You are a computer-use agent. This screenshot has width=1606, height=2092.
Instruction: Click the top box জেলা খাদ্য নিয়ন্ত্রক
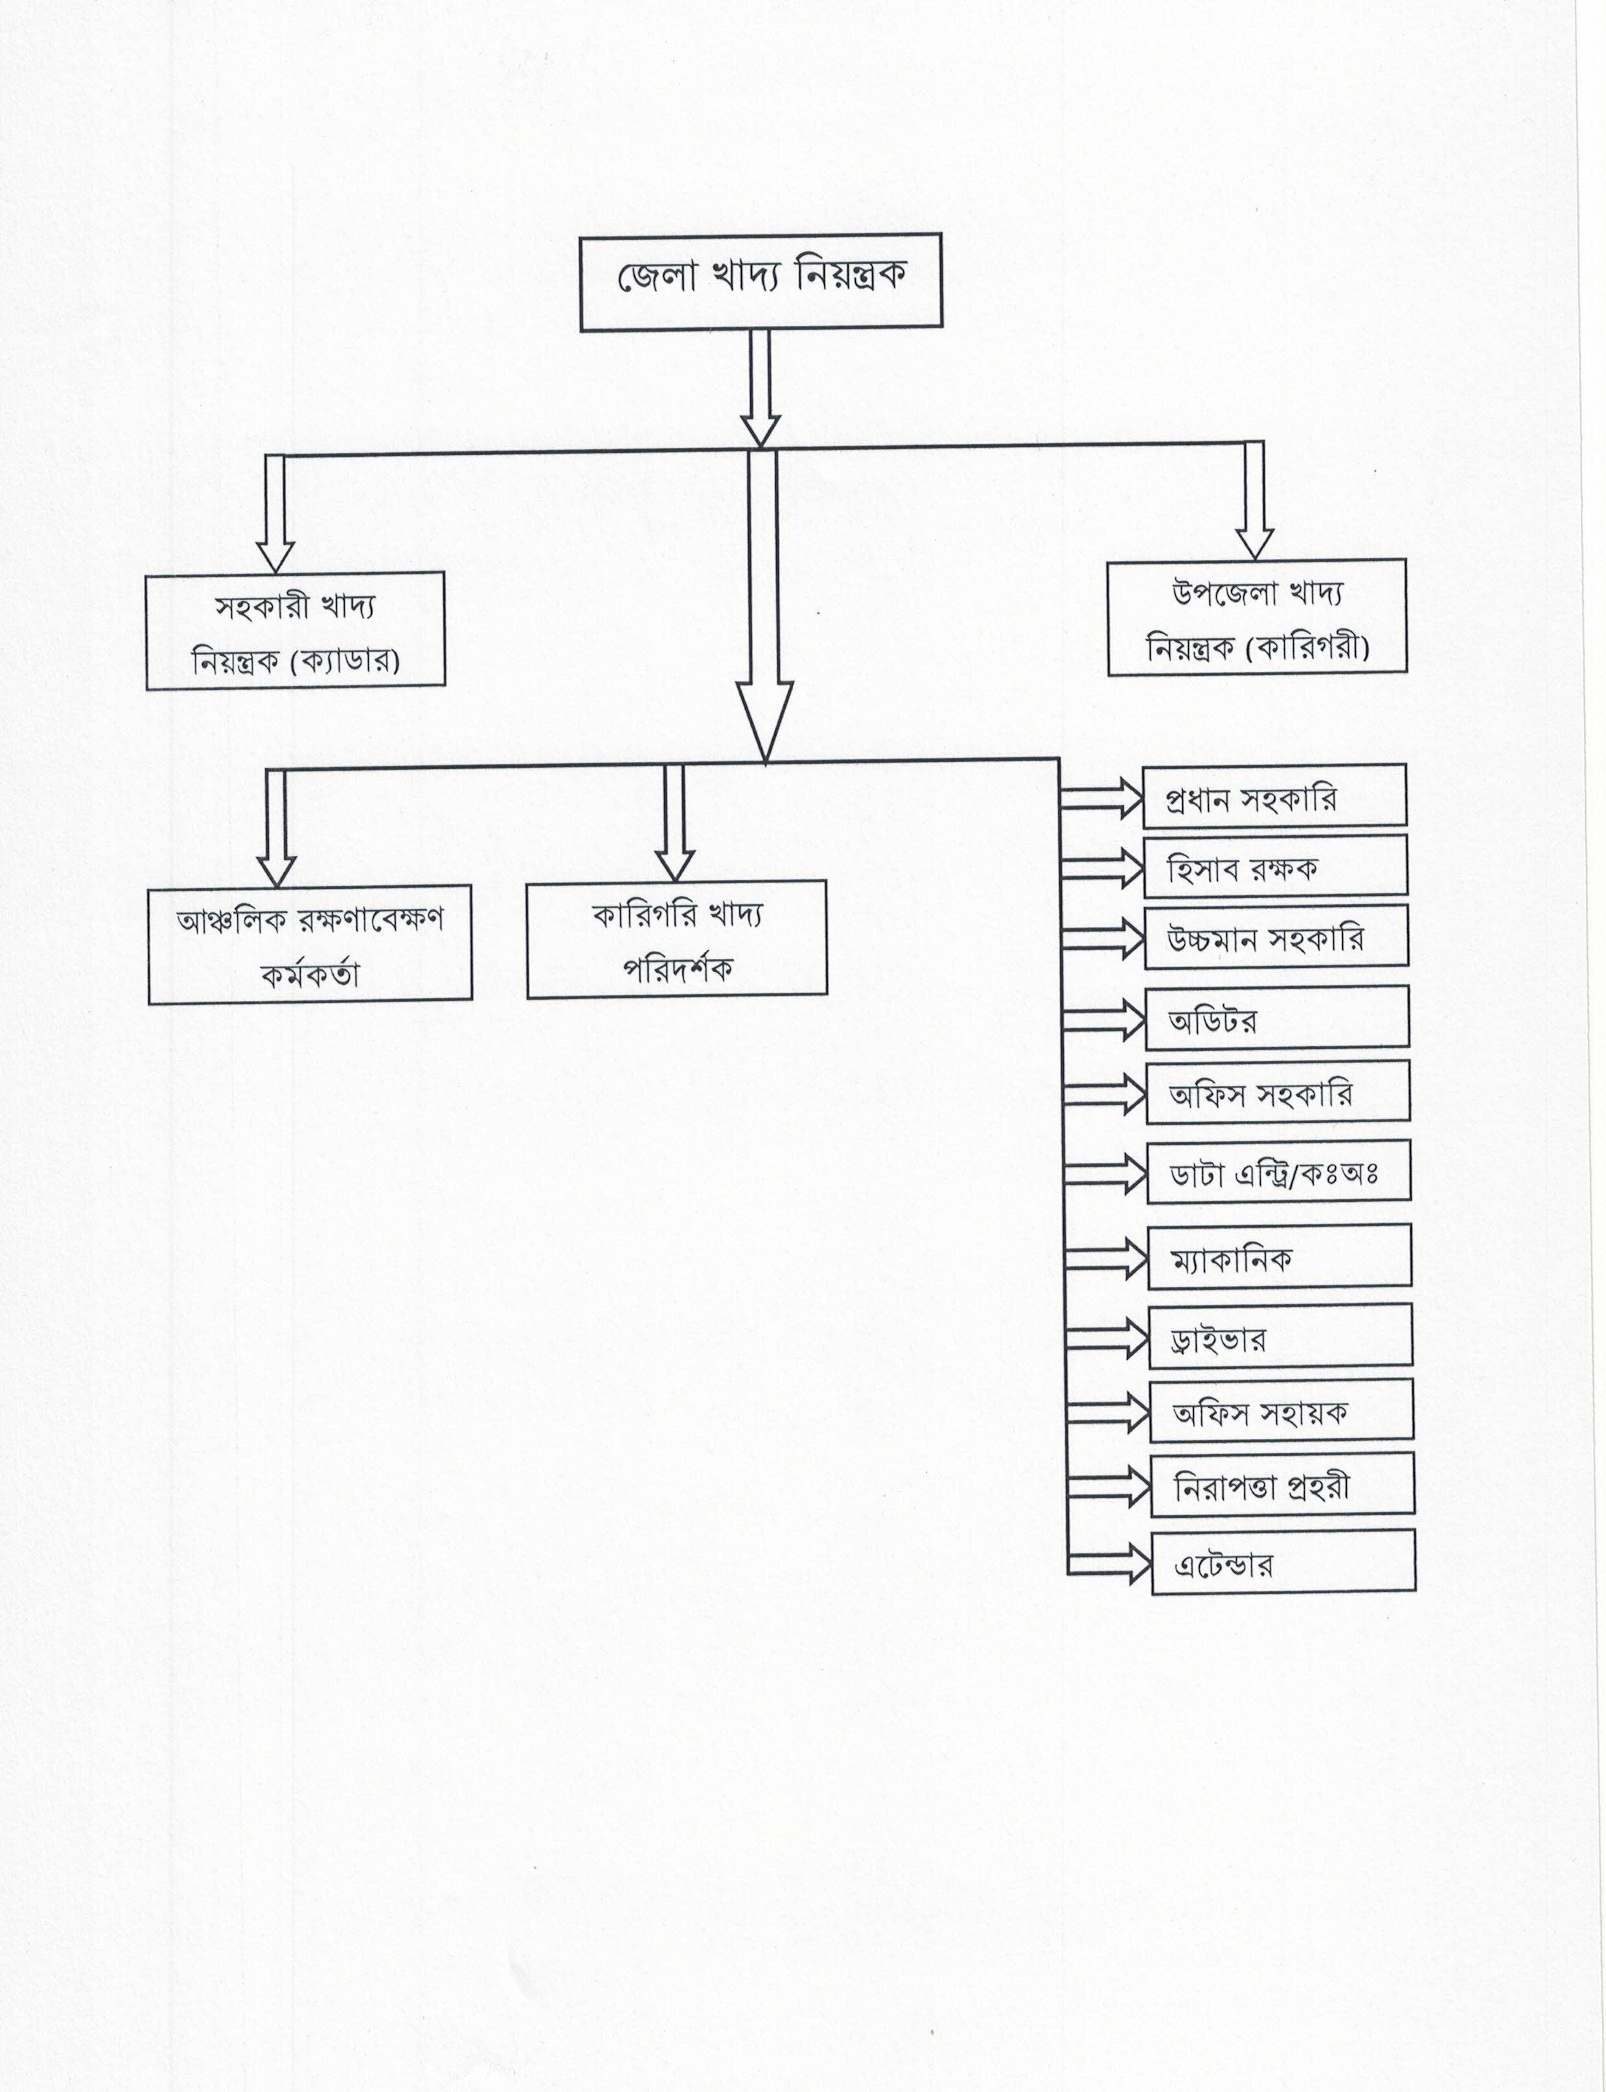(x=761, y=282)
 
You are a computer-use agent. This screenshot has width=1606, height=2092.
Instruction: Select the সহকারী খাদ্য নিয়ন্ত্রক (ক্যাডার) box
(x=295, y=631)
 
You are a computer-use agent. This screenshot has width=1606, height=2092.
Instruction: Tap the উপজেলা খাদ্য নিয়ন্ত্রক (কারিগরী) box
(x=1257, y=617)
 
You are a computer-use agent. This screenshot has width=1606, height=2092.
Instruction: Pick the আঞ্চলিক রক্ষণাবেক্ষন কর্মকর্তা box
(x=310, y=945)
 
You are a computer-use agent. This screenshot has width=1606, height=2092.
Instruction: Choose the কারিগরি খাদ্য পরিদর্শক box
(x=677, y=939)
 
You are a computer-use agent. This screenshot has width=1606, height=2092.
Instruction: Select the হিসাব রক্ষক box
(x=1275, y=866)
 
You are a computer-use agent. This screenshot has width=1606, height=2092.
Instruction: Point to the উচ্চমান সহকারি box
(x=1276, y=937)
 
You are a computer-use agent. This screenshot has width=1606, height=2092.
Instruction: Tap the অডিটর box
(x=1277, y=1017)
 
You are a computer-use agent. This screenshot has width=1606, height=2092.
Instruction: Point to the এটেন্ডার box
(x=1283, y=1562)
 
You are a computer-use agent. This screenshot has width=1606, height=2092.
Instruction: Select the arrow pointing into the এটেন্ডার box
(x=1109, y=1565)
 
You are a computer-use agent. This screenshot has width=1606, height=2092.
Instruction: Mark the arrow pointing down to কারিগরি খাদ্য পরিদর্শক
(x=674, y=822)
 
